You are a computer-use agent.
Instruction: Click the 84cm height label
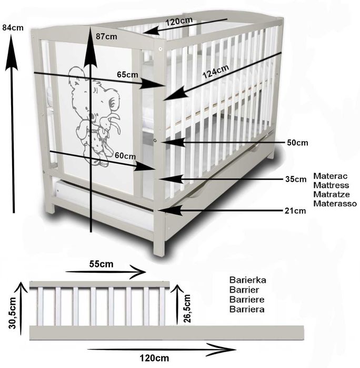13,28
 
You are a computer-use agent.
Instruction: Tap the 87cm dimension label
107,36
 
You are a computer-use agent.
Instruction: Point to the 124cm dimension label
216,70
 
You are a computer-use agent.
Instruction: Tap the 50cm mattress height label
297,142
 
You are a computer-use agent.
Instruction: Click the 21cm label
296,211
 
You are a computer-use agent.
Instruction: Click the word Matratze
330,194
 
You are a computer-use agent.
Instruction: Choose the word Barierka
248,280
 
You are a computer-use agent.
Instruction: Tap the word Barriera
247,309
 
